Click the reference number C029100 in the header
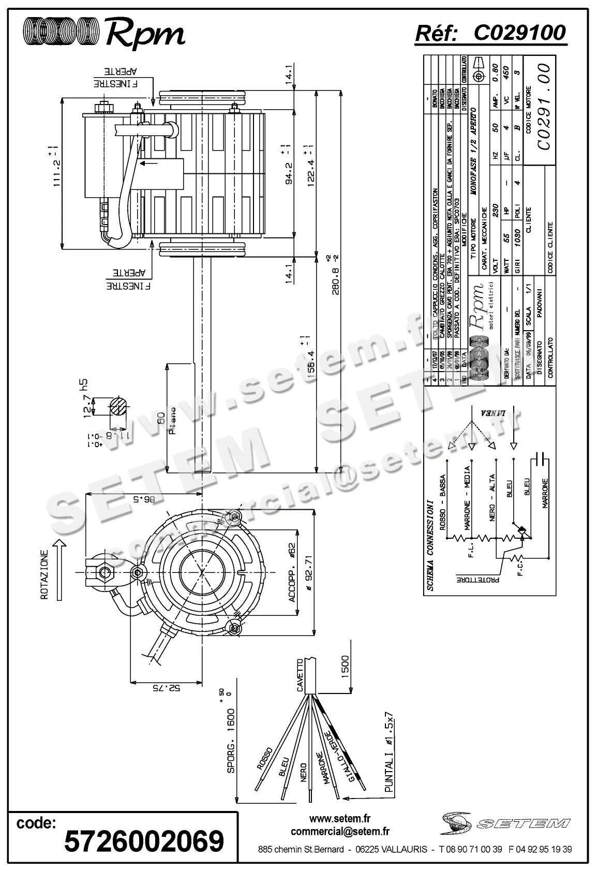click(x=519, y=33)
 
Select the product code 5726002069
click(x=144, y=841)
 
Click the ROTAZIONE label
click(x=45, y=575)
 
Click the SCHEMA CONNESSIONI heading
click(x=429, y=544)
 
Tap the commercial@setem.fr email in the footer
click(x=340, y=832)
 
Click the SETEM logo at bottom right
click(x=505, y=822)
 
